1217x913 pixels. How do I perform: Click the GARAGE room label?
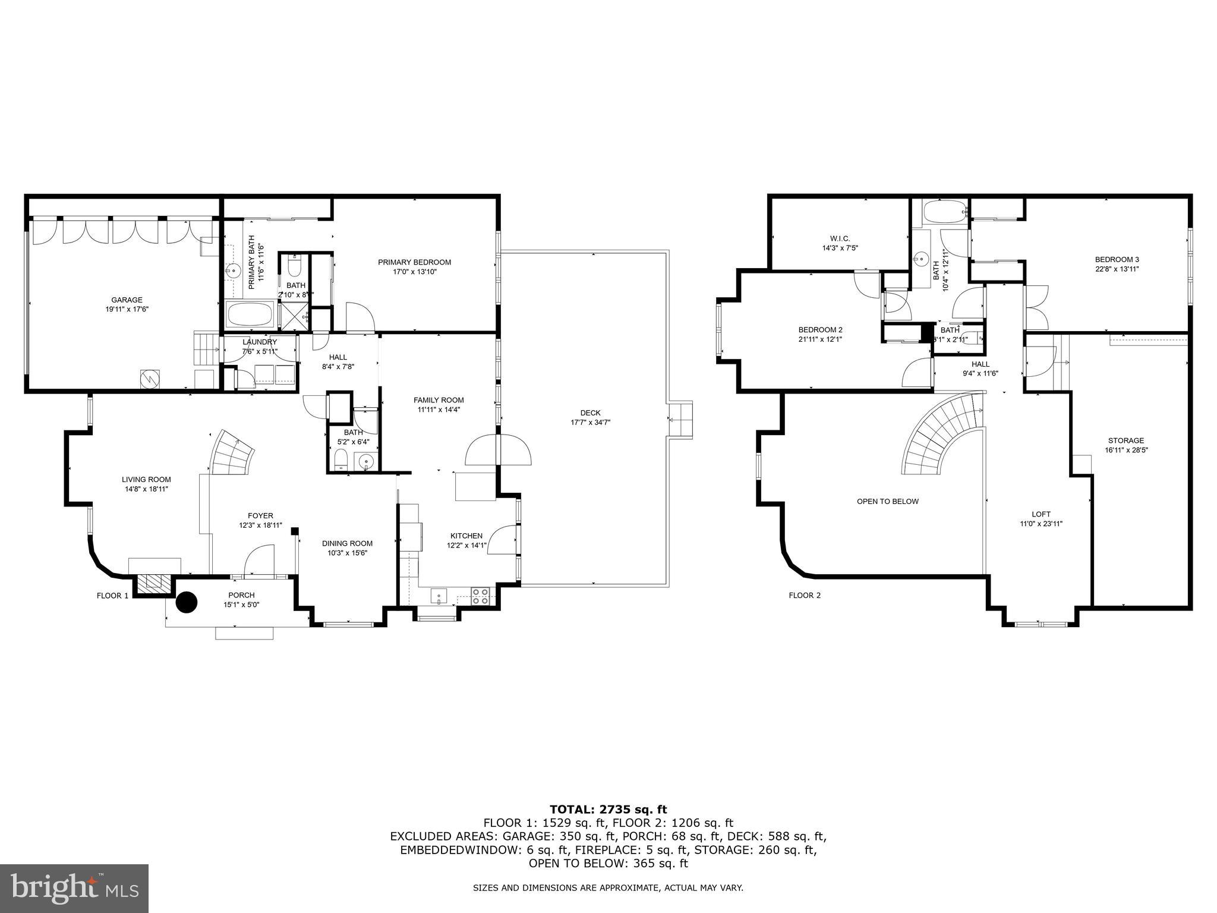point(127,300)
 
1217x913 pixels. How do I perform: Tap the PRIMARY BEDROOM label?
point(414,262)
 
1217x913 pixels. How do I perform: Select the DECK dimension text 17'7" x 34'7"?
point(590,423)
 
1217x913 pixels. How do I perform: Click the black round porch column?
point(187,602)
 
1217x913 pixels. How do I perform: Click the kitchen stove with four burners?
point(480,596)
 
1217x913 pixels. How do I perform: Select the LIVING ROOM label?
point(146,479)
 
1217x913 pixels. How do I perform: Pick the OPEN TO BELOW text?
point(887,501)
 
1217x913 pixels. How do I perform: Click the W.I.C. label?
point(840,238)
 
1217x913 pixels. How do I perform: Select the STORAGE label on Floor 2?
point(1125,440)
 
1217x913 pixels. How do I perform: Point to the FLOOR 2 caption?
point(804,595)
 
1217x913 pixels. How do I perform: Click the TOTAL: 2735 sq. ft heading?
point(608,809)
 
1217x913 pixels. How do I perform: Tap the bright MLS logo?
point(74,888)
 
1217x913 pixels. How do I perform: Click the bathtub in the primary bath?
point(250,313)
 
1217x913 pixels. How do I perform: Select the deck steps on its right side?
point(681,420)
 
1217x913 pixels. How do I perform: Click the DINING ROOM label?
point(347,543)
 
